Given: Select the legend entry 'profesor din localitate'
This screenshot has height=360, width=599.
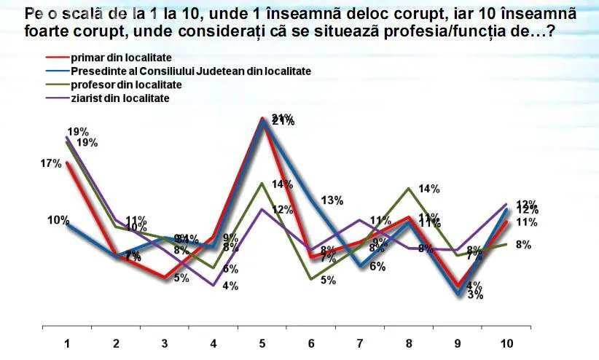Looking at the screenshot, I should (126, 85).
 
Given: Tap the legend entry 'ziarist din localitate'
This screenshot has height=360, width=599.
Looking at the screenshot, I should (120, 98).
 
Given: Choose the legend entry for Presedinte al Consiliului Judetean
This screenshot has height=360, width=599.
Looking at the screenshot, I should (191, 71).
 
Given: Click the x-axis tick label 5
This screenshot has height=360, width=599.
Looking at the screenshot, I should (262, 343).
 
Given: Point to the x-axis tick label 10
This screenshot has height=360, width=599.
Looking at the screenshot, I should (506, 343).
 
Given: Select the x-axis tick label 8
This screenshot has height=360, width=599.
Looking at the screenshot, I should (409, 343).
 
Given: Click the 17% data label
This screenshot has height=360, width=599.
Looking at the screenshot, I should (50, 164).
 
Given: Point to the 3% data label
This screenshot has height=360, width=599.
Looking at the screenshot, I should (475, 295).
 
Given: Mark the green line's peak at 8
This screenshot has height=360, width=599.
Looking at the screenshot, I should (409, 188).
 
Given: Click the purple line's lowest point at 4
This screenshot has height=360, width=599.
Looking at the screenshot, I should (214, 285).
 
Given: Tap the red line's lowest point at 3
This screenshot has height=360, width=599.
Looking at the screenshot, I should (165, 278).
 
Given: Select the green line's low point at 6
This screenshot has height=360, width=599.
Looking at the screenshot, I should (311, 278).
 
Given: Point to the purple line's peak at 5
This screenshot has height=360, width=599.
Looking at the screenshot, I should (262, 209).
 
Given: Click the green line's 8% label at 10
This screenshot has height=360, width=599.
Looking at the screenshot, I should (522, 245).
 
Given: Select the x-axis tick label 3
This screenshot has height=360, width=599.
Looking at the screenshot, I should (165, 343).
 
